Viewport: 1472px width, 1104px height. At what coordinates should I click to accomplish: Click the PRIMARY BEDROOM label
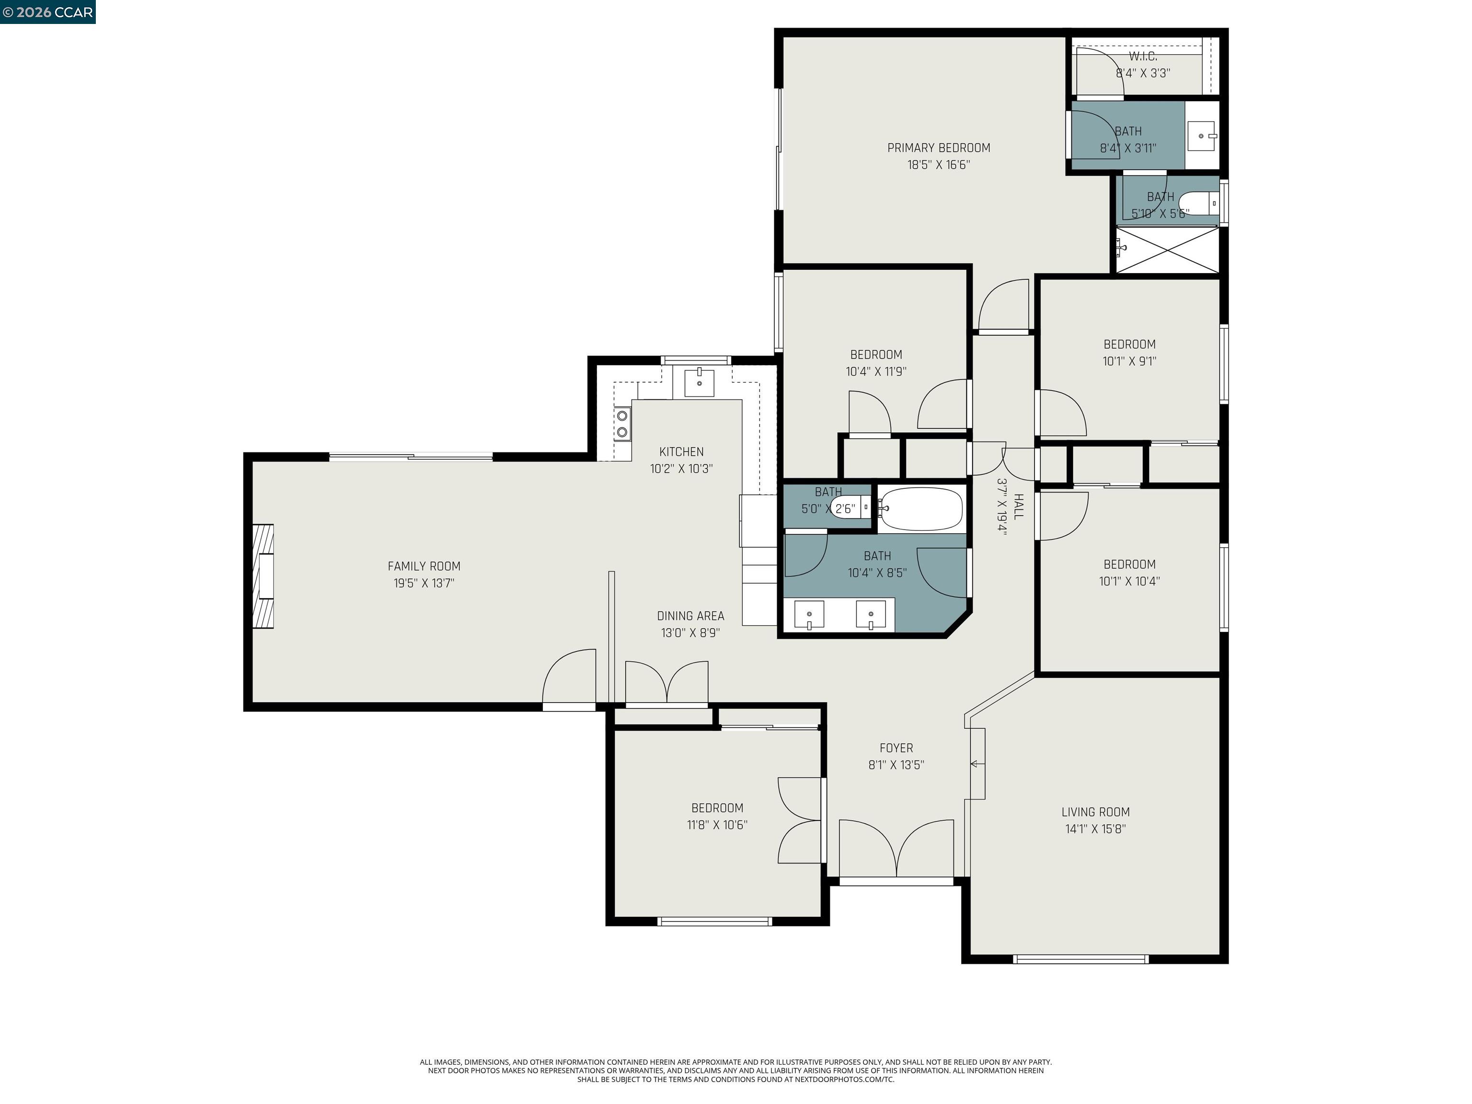pos(938,148)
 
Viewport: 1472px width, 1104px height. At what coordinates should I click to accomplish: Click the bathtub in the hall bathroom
pos(921,509)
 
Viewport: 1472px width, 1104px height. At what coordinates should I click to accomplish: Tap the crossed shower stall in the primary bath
pos(1168,250)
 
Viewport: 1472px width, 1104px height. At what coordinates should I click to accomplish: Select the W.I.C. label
pos(1143,57)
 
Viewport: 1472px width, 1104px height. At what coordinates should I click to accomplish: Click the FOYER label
pos(896,748)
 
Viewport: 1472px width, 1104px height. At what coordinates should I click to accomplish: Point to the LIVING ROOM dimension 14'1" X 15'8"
pos(1095,828)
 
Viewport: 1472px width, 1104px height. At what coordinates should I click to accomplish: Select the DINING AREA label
pos(690,616)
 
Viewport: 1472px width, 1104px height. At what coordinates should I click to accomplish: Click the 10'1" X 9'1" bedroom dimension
pos(1129,361)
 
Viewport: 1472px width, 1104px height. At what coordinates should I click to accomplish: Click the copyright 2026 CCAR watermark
pos(47,12)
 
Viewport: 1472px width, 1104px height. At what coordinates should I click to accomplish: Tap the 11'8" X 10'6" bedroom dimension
pos(717,825)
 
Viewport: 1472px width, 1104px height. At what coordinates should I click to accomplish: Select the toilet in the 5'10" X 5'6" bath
pos(1198,204)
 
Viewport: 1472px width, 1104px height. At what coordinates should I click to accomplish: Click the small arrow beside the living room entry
pos(976,763)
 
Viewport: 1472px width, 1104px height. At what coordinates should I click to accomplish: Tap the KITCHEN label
pos(681,452)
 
